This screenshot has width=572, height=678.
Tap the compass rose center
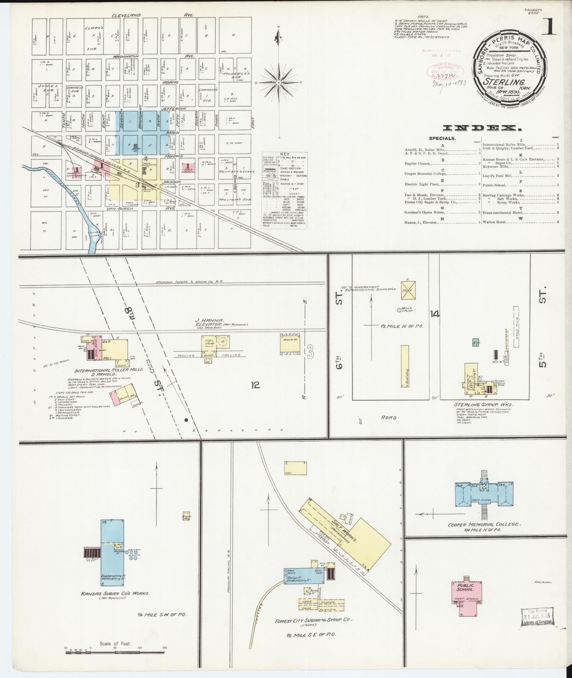click(x=279, y=83)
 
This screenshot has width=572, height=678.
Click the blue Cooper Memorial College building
click(x=484, y=493)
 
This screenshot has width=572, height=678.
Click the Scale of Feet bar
click(x=115, y=647)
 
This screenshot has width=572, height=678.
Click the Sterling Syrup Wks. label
click(x=483, y=404)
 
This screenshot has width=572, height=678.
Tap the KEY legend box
click(x=285, y=191)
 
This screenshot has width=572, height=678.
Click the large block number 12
click(x=255, y=385)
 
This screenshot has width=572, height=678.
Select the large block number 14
click(x=434, y=314)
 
